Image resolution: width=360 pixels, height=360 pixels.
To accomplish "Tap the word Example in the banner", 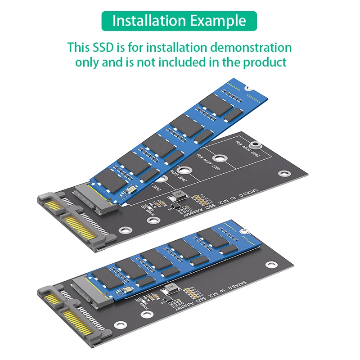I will click(218, 21).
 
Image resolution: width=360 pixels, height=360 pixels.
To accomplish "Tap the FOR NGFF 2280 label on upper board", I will click(247, 150).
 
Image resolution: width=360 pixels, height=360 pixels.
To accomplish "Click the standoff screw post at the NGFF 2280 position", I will click(256, 145).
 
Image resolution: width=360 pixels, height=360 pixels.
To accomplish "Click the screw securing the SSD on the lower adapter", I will click(245, 231).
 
